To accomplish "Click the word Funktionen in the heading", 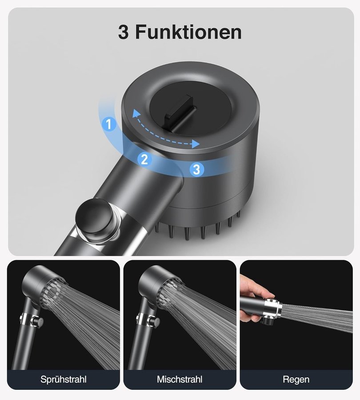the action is pos(188,32).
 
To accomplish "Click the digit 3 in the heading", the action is pos(123,32).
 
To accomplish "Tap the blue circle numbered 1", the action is pos(109,124).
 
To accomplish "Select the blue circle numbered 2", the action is pos(144,159).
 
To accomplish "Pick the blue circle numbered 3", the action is pos(197,169).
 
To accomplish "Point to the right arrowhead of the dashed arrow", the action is pos(196,144).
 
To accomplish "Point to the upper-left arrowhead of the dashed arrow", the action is pos(136,113).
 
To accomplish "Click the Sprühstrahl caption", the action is pos(63,380).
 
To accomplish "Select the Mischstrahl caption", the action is pos(180,380).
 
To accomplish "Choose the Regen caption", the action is pos(296,380).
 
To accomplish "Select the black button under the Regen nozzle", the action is pos(268,320).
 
